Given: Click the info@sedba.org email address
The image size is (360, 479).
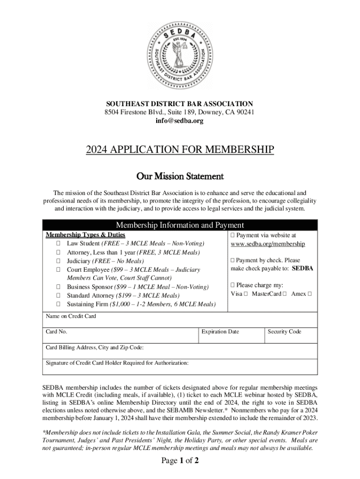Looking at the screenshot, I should point(180,121).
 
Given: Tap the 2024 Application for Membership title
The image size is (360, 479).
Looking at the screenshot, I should point(180,150).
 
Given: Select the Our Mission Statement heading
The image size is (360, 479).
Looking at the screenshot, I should point(180,176).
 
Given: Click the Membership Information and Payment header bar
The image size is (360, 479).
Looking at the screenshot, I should point(180,225).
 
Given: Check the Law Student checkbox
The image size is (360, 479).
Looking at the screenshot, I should point(58,244).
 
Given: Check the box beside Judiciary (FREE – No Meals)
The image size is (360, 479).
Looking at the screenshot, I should point(58,261).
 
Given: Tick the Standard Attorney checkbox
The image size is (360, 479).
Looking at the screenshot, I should point(58,296).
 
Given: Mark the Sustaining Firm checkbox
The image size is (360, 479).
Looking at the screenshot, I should point(58,305).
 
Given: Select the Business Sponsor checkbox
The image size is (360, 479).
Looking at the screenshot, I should point(58,287).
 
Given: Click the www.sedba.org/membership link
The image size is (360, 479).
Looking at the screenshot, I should point(268,244).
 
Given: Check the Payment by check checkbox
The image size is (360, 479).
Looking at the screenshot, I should point(233,261).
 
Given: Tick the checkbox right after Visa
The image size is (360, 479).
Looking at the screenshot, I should point(245,294).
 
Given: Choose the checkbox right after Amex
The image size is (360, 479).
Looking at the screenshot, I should point(309,294).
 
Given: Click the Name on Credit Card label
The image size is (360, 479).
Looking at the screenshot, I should point(71,316).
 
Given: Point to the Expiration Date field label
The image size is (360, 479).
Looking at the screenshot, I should point(220,332).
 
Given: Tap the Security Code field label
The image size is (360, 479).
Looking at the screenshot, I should point(284,332).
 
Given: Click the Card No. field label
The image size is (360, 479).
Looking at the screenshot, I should point(57,332).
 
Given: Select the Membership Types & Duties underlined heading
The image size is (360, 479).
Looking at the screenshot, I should point(85,235).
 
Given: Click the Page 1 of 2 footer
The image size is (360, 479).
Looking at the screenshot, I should point(180,461).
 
